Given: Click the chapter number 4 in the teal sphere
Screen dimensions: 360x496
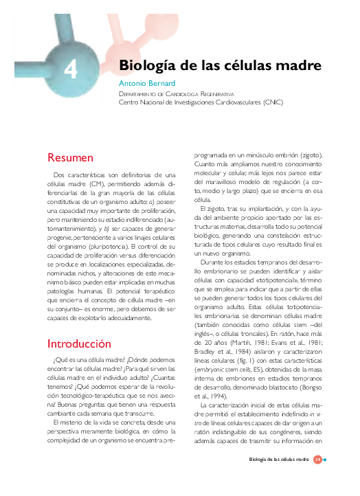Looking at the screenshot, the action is (71, 69).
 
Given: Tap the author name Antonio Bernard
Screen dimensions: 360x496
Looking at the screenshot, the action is (147, 83).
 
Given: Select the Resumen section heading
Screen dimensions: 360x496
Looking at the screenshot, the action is (70, 157).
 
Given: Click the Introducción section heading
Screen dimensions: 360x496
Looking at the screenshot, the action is (79, 344).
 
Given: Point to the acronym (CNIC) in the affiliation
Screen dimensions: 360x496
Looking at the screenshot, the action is (273, 102).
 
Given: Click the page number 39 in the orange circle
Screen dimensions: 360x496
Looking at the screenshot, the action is (317, 460).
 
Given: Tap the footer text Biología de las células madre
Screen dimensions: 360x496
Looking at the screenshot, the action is (279, 460).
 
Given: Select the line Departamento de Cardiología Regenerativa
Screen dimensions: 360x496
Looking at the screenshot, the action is (176, 94).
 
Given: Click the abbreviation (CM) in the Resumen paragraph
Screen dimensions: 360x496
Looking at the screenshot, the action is (96, 184).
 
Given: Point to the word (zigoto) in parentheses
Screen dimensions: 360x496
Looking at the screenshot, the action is (312, 155).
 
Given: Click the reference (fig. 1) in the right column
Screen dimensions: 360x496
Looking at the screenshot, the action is (246, 361).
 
